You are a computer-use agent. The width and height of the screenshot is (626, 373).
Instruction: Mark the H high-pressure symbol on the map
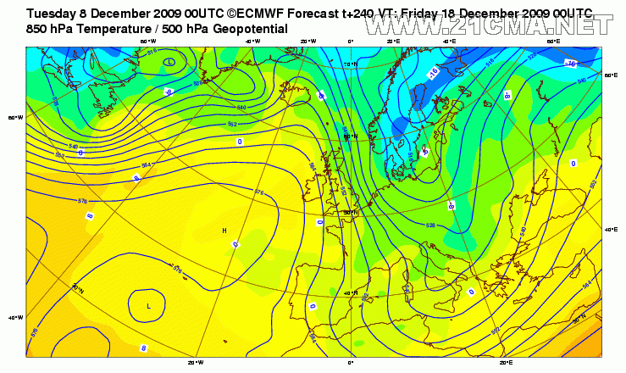(224, 231)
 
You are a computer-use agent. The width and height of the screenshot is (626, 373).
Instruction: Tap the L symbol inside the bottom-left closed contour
(149, 305)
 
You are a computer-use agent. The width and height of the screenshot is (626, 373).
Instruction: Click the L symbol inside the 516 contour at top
(169, 62)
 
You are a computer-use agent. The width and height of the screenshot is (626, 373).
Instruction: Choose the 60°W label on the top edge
(147, 41)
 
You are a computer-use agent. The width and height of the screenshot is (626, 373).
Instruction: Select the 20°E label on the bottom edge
(506, 362)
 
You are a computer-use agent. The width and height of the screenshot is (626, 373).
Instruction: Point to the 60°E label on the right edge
(608, 75)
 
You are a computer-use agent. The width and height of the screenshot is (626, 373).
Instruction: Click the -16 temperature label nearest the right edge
(570, 64)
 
